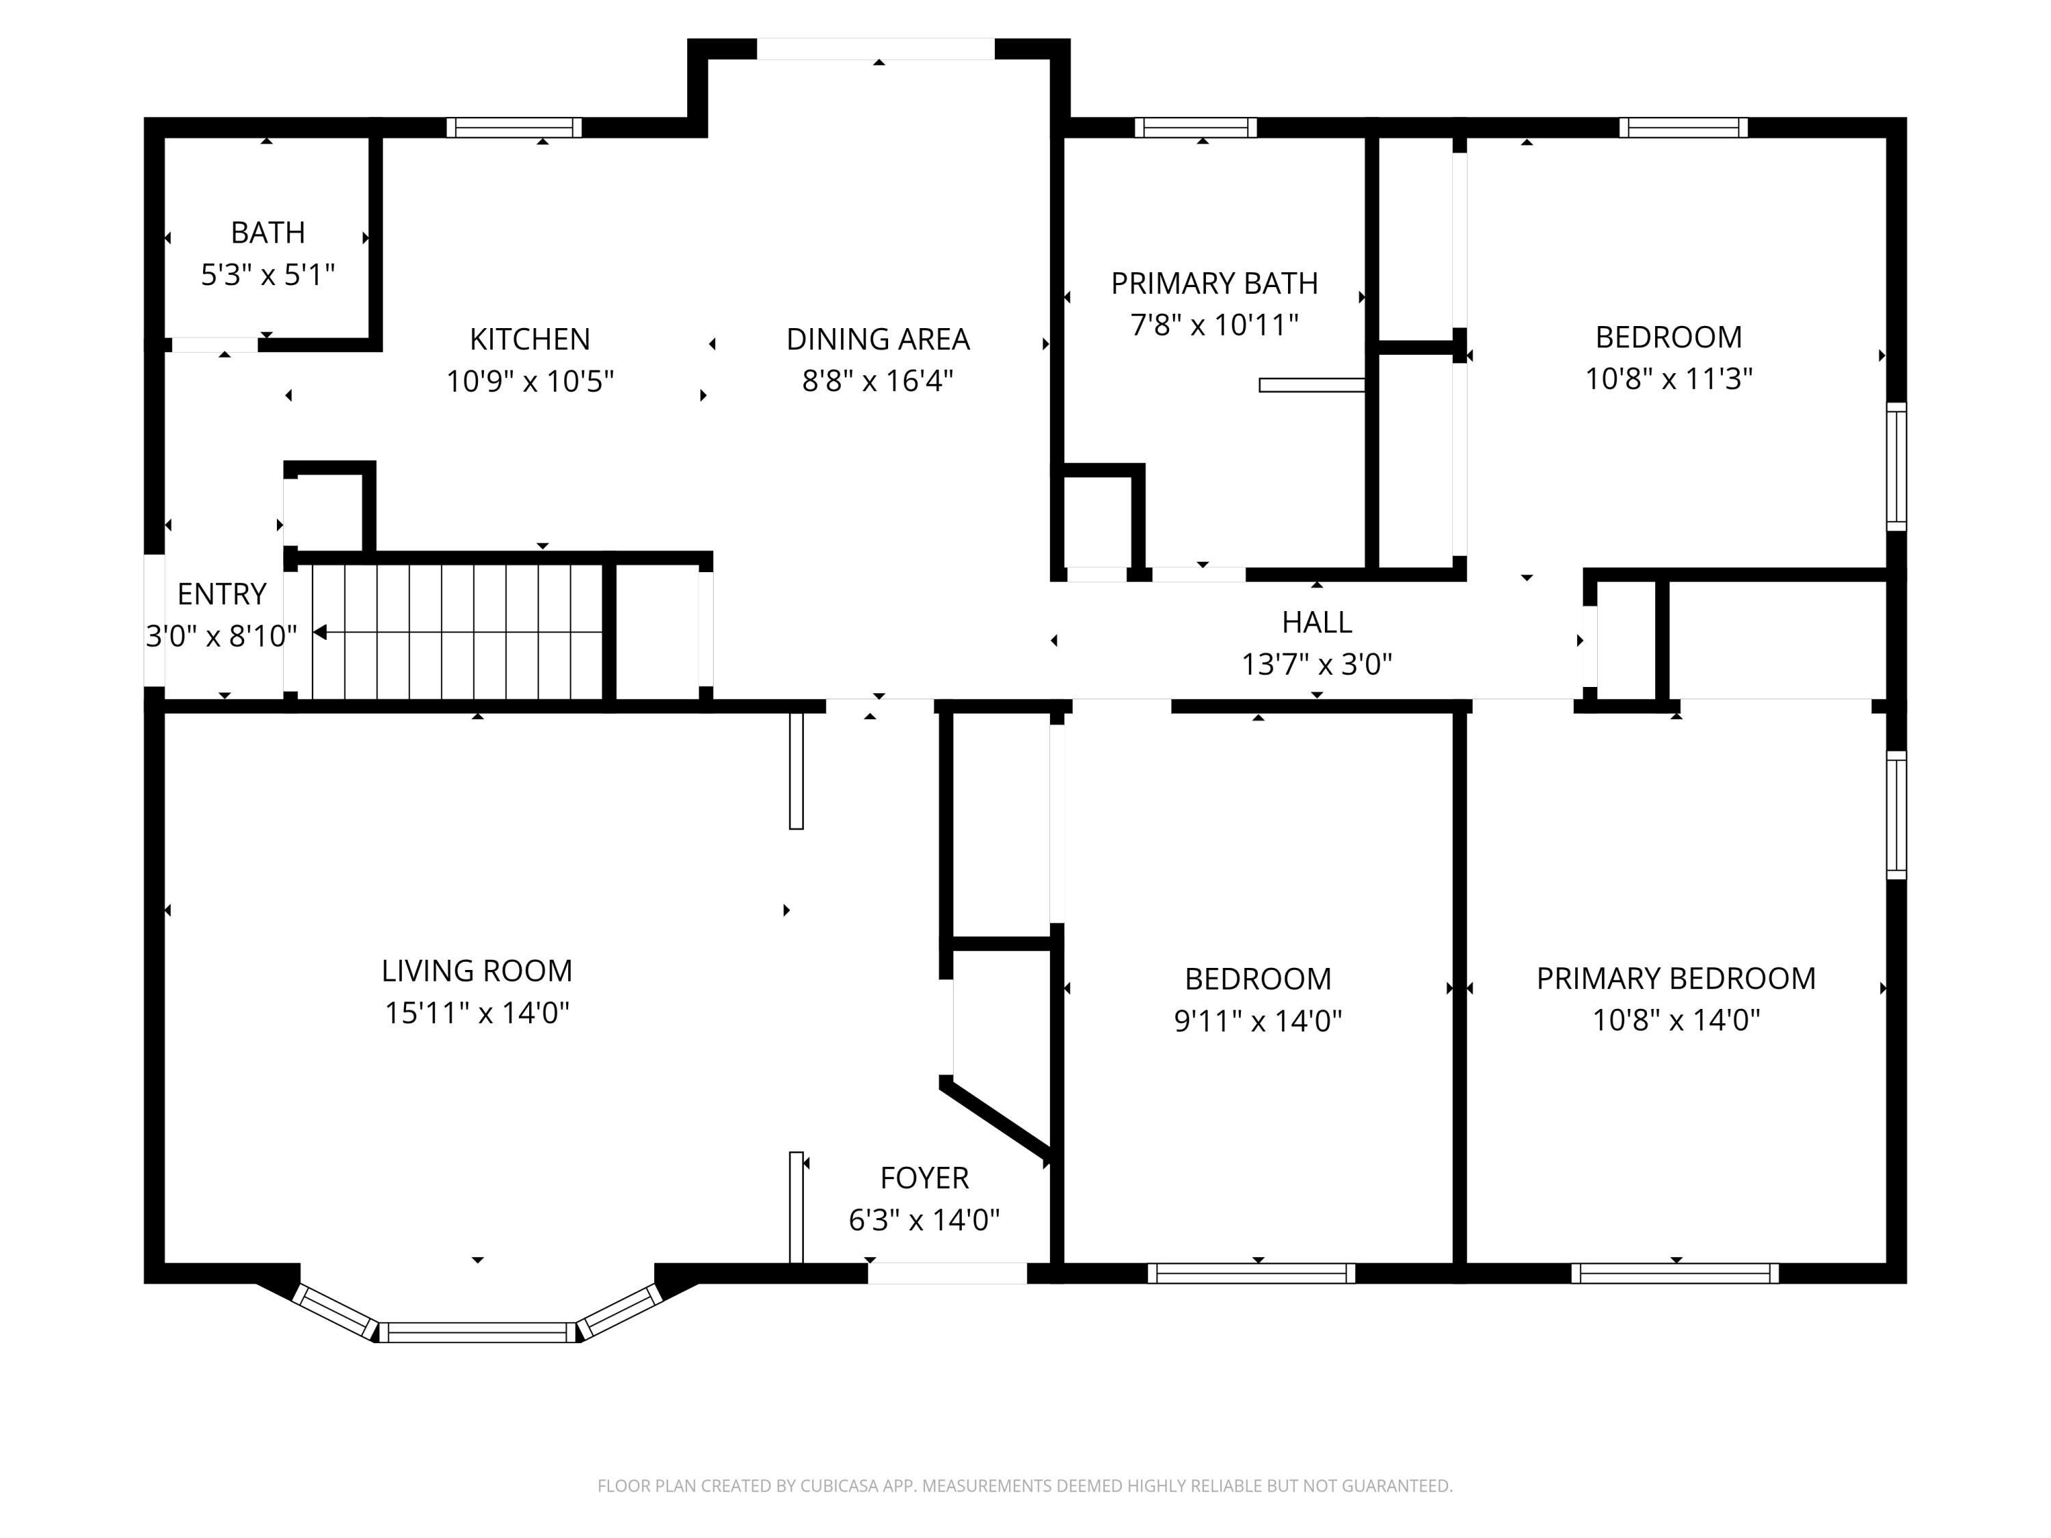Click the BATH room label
(x=267, y=232)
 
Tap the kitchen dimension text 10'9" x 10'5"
(x=529, y=381)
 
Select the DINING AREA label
(x=877, y=339)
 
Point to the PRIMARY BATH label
(x=1214, y=283)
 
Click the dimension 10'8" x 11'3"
(x=1668, y=379)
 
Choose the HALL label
(x=1316, y=622)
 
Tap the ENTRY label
(x=222, y=593)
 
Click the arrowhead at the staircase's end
(x=320, y=632)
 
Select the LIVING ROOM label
(x=477, y=971)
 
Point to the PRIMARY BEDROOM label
(x=1676, y=978)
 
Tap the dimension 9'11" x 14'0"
(x=1257, y=1021)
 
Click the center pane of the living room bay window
(x=477, y=1332)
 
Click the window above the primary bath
(x=1195, y=128)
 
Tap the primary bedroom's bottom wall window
(x=1674, y=1273)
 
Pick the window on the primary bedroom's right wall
(x=1896, y=815)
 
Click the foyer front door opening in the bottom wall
(x=947, y=1273)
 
